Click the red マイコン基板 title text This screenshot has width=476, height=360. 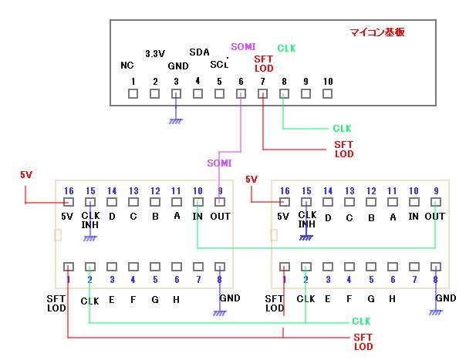click(377, 32)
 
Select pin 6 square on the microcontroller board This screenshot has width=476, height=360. click(241, 94)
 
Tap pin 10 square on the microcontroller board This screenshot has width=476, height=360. click(328, 94)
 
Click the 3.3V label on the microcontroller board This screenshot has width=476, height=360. click(155, 54)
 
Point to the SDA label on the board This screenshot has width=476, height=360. click(199, 52)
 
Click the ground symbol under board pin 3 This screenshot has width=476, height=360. click(177, 120)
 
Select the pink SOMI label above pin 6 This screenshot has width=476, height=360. click(243, 47)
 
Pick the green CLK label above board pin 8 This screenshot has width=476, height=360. click(285, 49)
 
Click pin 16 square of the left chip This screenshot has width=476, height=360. click(69, 202)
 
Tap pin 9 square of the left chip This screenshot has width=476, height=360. click(220, 202)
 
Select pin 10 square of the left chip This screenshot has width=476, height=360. click(198, 202)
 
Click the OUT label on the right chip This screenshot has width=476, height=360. click(435, 217)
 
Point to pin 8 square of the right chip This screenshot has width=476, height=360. click(437, 266)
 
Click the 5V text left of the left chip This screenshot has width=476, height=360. click(26, 175)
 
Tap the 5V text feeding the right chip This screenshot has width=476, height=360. click(252, 180)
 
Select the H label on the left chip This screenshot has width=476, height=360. click(177, 298)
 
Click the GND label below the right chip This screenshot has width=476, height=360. click(445, 298)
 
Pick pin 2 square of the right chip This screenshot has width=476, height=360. click(306, 266)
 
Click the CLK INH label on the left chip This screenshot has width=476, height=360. click(90, 220)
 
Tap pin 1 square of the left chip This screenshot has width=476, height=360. click(69, 266)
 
